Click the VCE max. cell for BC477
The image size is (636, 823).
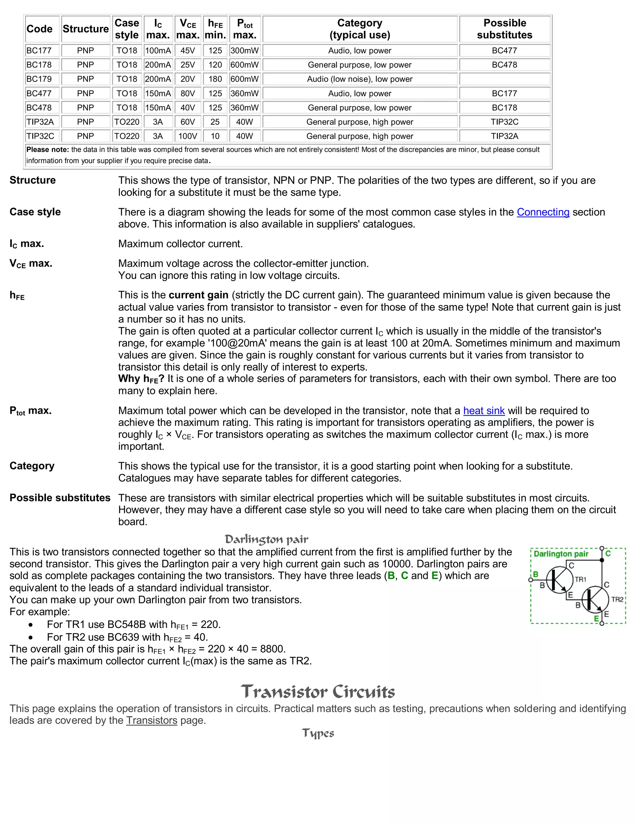click(x=188, y=93)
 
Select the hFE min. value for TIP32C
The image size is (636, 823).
click(x=215, y=136)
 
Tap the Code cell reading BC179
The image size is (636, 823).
click(x=39, y=79)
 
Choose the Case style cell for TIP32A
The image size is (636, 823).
click(x=127, y=122)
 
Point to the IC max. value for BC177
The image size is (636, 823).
click(x=158, y=51)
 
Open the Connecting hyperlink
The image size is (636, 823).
click(x=543, y=212)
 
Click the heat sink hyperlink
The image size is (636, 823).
click(x=484, y=411)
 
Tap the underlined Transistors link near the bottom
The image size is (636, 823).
click(x=152, y=721)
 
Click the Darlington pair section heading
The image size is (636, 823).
click(x=266, y=539)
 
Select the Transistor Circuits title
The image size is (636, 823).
click(x=318, y=692)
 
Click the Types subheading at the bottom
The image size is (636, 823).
click(x=318, y=733)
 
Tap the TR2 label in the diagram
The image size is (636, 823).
click(x=617, y=599)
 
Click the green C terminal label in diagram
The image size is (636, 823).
click(x=608, y=553)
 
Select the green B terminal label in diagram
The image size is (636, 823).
click(x=535, y=574)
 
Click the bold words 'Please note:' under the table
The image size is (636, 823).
click(x=48, y=150)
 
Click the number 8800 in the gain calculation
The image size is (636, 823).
click(x=271, y=649)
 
